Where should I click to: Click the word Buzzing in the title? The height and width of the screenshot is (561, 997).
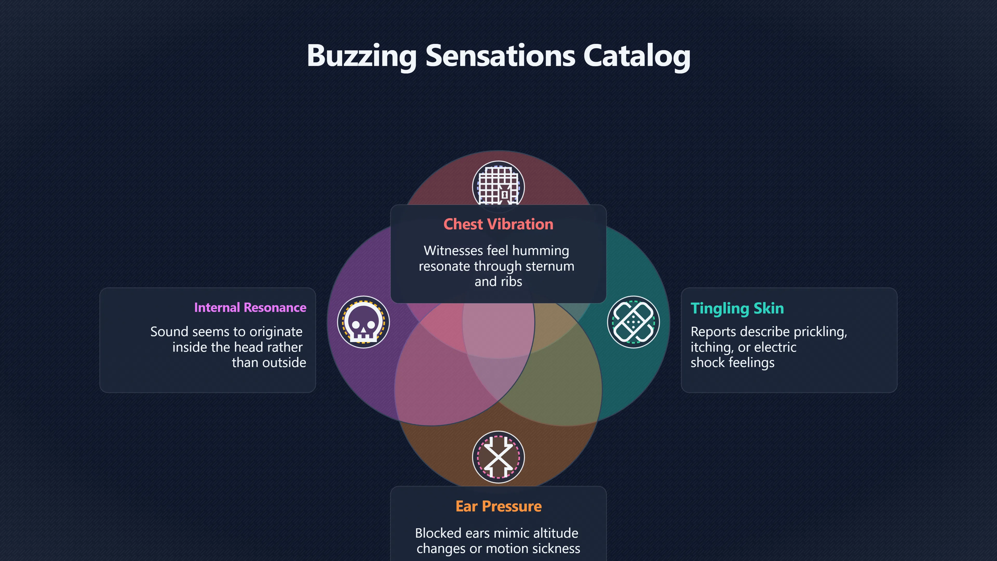(361, 56)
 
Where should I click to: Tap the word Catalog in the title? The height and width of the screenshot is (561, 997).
(637, 56)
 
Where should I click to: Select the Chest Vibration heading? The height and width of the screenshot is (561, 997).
(498, 224)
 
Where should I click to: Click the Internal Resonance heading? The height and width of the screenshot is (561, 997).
(250, 308)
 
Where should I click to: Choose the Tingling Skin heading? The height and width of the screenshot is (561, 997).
(737, 309)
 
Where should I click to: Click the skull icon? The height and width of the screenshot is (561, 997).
(363, 322)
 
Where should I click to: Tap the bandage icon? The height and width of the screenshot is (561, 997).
(634, 322)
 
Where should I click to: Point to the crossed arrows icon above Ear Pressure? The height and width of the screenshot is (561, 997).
(498, 457)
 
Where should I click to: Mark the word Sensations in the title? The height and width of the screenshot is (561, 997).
(500, 56)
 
